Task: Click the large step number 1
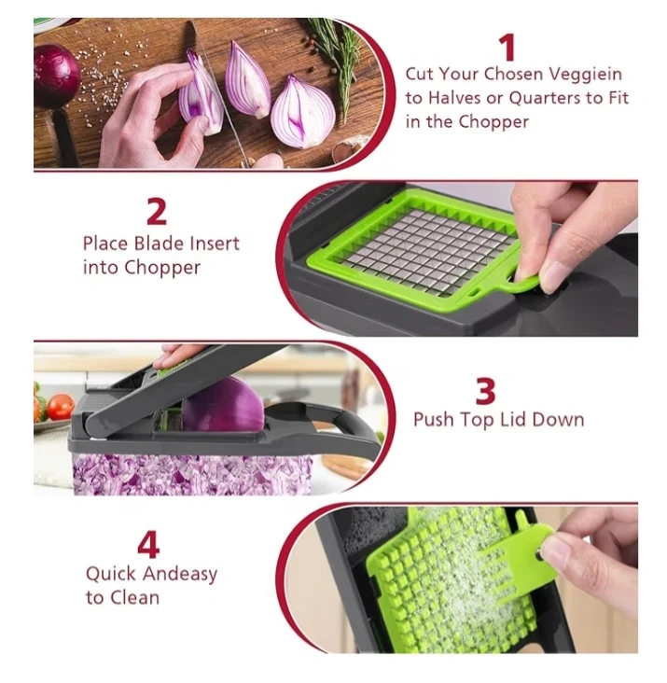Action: (507, 48)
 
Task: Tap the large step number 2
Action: (157, 212)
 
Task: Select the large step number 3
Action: (485, 392)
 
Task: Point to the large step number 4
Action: (148, 545)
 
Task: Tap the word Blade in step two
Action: (159, 244)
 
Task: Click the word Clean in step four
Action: (134, 597)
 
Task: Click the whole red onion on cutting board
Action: (56, 76)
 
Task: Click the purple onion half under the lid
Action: (223, 404)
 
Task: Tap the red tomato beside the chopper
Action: (60, 406)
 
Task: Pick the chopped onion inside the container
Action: (191, 475)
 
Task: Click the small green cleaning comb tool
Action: (518, 558)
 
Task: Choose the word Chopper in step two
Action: (162, 268)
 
